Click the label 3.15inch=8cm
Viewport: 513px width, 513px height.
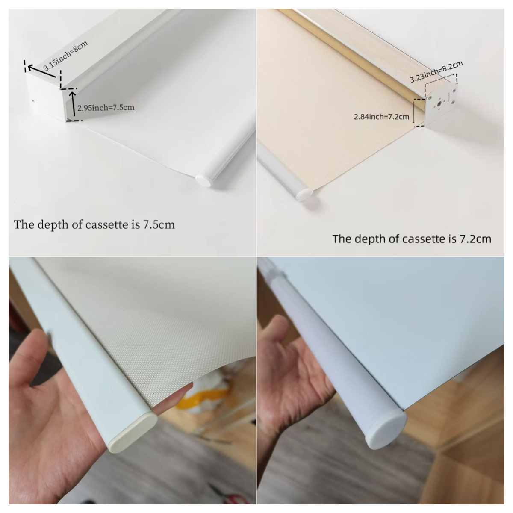pyautogui.click(x=65, y=56)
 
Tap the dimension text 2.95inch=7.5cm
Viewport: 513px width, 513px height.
pyautogui.click(x=106, y=108)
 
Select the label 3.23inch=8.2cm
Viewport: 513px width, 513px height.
pyautogui.click(x=436, y=72)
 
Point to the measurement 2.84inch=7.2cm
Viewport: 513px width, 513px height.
pyautogui.click(x=381, y=117)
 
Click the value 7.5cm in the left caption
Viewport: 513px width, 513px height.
pyautogui.click(x=159, y=225)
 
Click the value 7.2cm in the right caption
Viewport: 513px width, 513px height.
pyautogui.click(x=475, y=239)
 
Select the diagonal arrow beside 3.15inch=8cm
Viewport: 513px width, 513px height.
pyautogui.click(x=42, y=71)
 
